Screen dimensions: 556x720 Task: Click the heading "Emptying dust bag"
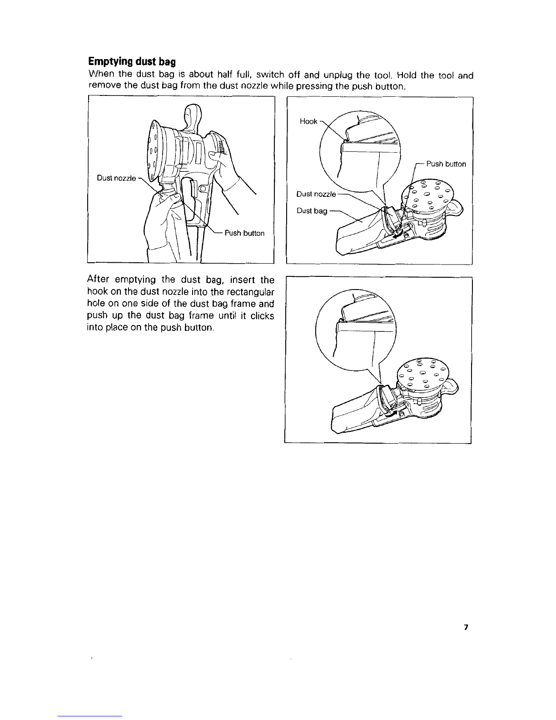pos(132,62)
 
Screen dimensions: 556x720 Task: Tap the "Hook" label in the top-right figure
pos(308,122)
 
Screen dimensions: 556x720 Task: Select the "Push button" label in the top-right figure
pos(446,164)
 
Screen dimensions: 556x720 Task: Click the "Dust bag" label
pos(312,211)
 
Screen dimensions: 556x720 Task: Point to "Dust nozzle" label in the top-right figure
pos(316,194)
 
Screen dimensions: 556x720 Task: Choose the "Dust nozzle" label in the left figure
pos(116,178)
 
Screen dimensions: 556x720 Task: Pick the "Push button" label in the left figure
pos(244,233)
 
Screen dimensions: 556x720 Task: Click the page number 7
pos(466,627)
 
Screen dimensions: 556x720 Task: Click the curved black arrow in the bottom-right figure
pos(389,414)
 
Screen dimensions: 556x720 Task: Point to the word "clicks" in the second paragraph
pos(262,316)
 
